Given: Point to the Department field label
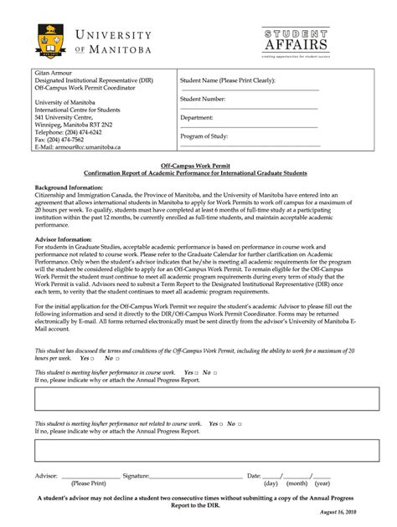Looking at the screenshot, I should click(x=201, y=118).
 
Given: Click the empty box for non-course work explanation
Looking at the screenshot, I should click(x=198, y=451).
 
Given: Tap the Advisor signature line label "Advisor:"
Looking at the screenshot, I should click(x=46, y=475).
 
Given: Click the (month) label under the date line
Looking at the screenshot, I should click(x=296, y=484).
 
